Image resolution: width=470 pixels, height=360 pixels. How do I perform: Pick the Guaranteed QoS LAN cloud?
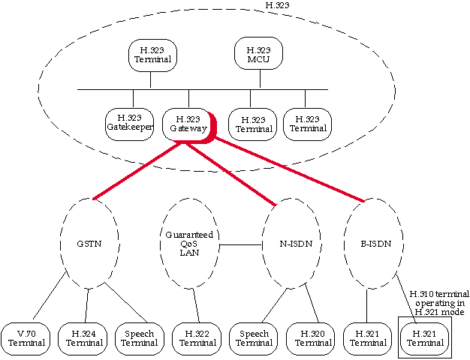pos(189,244)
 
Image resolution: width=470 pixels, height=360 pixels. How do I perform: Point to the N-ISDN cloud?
pos(290,244)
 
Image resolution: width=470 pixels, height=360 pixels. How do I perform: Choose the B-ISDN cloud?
pos(372,244)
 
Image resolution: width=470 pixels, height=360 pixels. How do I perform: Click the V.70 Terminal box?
pos(27,338)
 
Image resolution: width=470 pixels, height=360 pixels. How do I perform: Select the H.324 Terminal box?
pos(84,338)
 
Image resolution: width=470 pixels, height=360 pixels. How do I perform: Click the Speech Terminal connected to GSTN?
pos(139,338)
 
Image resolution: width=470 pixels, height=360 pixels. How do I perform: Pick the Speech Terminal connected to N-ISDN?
pos(254,338)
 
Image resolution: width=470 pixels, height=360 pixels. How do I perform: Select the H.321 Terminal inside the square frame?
pos(425,338)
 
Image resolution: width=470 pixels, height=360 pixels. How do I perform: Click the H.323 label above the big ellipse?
pos(278,5)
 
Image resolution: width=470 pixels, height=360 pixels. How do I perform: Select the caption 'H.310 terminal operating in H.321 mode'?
pos(438,301)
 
